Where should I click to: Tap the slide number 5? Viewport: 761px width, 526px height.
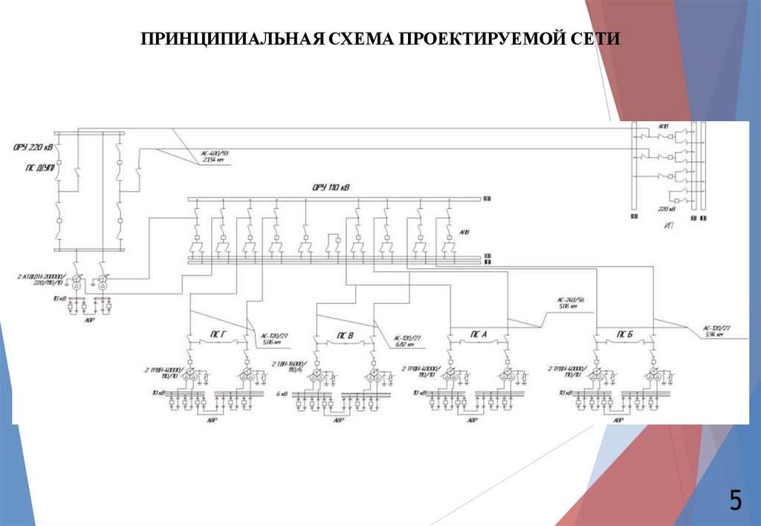tap(735, 501)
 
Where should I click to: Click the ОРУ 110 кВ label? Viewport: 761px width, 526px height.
tap(330, 188)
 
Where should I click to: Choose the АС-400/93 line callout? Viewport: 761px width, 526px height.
tap(214, 153)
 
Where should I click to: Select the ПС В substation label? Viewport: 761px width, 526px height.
tap(346, 336)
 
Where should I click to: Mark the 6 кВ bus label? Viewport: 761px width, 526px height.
tap(282, 393)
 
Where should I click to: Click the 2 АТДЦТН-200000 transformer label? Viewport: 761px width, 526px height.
tap(45, 279)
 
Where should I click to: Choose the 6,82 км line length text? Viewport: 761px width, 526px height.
tap(406, 344)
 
